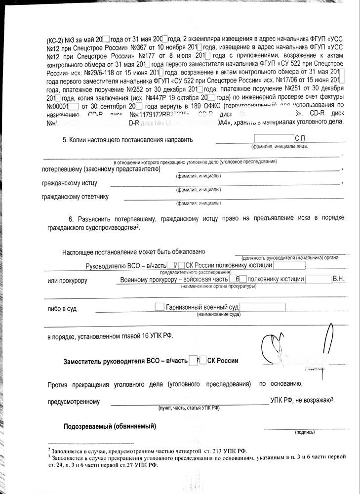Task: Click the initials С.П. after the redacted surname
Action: coord(301,139)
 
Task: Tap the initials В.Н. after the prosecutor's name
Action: coord(339,279)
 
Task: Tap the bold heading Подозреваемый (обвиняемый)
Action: coord(110,426)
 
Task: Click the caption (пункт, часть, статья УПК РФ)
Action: coord(188,409)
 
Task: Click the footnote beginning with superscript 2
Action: coord(148,451)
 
